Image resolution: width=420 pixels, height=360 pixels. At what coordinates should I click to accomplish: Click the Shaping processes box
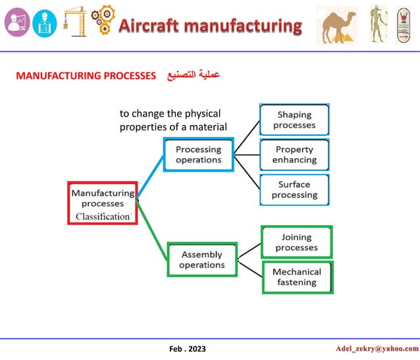294,120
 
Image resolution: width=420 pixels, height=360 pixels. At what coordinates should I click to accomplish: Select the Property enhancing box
294,155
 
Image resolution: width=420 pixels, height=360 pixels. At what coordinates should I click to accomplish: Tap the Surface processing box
294,190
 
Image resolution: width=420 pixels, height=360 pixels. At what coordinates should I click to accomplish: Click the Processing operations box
198,155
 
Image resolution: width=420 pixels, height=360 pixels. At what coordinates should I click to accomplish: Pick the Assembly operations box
201,260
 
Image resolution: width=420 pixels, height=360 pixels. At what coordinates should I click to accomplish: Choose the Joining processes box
296,242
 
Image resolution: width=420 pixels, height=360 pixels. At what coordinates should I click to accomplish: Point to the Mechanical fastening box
297,277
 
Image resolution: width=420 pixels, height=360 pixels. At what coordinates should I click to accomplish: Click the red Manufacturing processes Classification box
102,203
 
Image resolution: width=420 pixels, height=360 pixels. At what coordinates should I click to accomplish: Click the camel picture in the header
336,26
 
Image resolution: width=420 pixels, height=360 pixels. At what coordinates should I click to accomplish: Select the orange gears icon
102,20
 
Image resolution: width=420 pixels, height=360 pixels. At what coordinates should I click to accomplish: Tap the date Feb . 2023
187,347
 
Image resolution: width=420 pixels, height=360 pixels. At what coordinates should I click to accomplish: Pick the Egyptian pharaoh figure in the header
378,24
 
